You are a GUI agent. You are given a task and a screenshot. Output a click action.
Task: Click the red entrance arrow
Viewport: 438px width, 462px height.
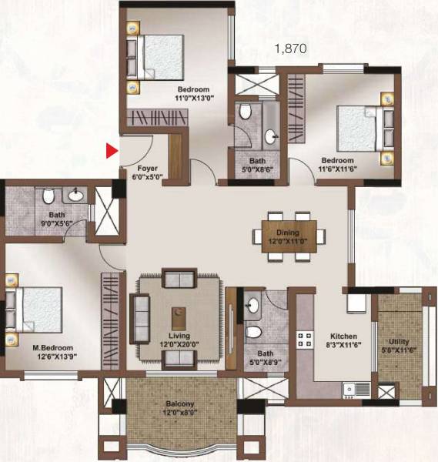point(112,151)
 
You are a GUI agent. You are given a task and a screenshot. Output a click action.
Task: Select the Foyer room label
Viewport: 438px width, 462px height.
point(147,167)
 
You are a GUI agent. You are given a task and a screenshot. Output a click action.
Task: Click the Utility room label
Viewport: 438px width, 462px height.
point(400,341)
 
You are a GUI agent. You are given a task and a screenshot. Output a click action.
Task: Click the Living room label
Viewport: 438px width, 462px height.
point(179,336)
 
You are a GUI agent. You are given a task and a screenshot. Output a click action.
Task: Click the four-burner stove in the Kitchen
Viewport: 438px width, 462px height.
point(305,339)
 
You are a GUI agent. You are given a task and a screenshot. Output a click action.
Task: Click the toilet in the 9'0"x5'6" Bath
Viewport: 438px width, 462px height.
point(48,195)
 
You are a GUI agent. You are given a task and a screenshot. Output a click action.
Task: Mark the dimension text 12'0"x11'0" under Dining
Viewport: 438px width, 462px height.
point(289,241)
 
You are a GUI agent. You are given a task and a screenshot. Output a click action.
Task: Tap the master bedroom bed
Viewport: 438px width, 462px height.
point(35,310)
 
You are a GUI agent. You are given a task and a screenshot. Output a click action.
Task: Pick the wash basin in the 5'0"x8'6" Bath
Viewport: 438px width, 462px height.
point(270,138)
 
